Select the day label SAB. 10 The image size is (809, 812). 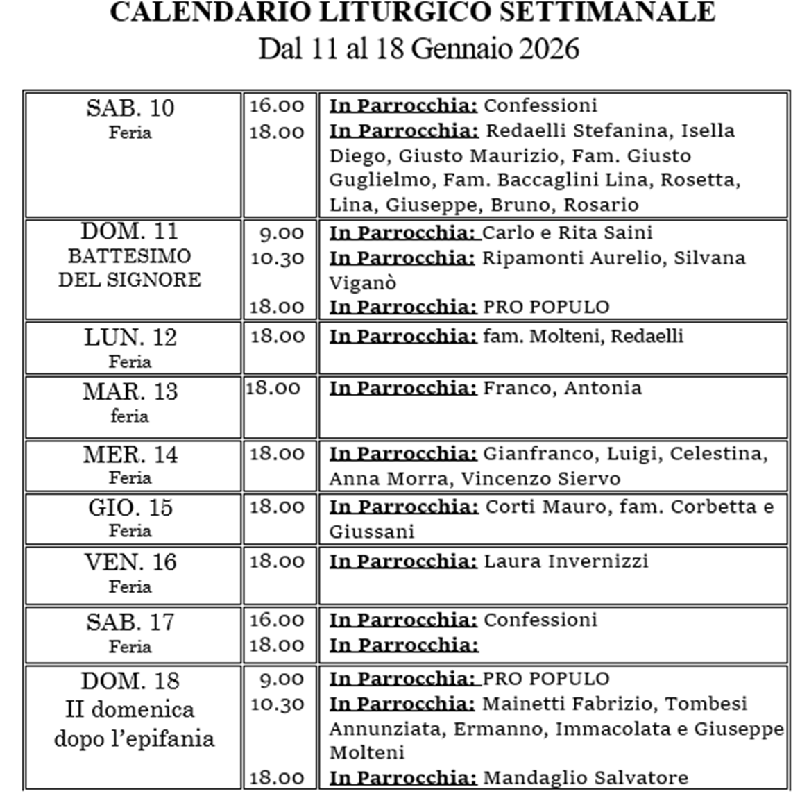[x=130, y=108]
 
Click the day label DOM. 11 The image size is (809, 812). [x=130, y=231]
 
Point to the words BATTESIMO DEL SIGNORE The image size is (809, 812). [x=130, y=268]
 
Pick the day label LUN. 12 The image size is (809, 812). [x=130, y=337]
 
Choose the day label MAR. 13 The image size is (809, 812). [x=130, y=392]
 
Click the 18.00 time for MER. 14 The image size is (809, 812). [x=277, y=454]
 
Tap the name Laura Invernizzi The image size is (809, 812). [x=565, y=561]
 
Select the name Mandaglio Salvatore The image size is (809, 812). [x=586, y=777]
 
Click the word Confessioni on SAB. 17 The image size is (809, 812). [x=540, y=619]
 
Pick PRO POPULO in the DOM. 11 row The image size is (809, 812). [x=546, y=307]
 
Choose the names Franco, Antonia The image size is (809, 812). [x=562, y=387]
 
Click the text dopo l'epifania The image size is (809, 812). [x=134, y=738]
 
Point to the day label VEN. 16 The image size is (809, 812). [x=130, y=562]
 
